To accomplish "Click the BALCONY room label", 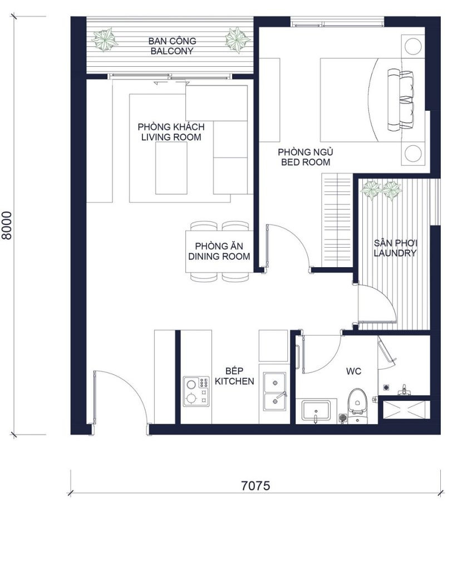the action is tap(172, 51).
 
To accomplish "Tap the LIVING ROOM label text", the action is tap(171, 137).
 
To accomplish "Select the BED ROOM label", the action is tap(306, 162).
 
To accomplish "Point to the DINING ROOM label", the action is tap(219, 256).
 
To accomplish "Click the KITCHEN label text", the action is tap(234, 381).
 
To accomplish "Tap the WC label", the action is tap(353, 371).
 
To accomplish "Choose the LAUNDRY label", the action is tap(395, 253).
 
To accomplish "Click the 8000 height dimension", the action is tap(7, 225).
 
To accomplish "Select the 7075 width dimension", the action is tap(255, 485).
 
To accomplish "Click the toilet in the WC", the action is tap(357, 404).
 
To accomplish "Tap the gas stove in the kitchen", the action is tap(196, 391).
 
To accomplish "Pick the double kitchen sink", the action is tap(275, 391).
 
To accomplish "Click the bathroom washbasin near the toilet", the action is tap(316, 411).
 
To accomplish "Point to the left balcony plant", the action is tap(105, 40).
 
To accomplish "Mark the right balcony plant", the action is tap(237, 40).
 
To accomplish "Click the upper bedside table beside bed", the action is tap(413, 46).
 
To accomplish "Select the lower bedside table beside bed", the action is tap(413, 153).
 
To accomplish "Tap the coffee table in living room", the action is tap(171, 168).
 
